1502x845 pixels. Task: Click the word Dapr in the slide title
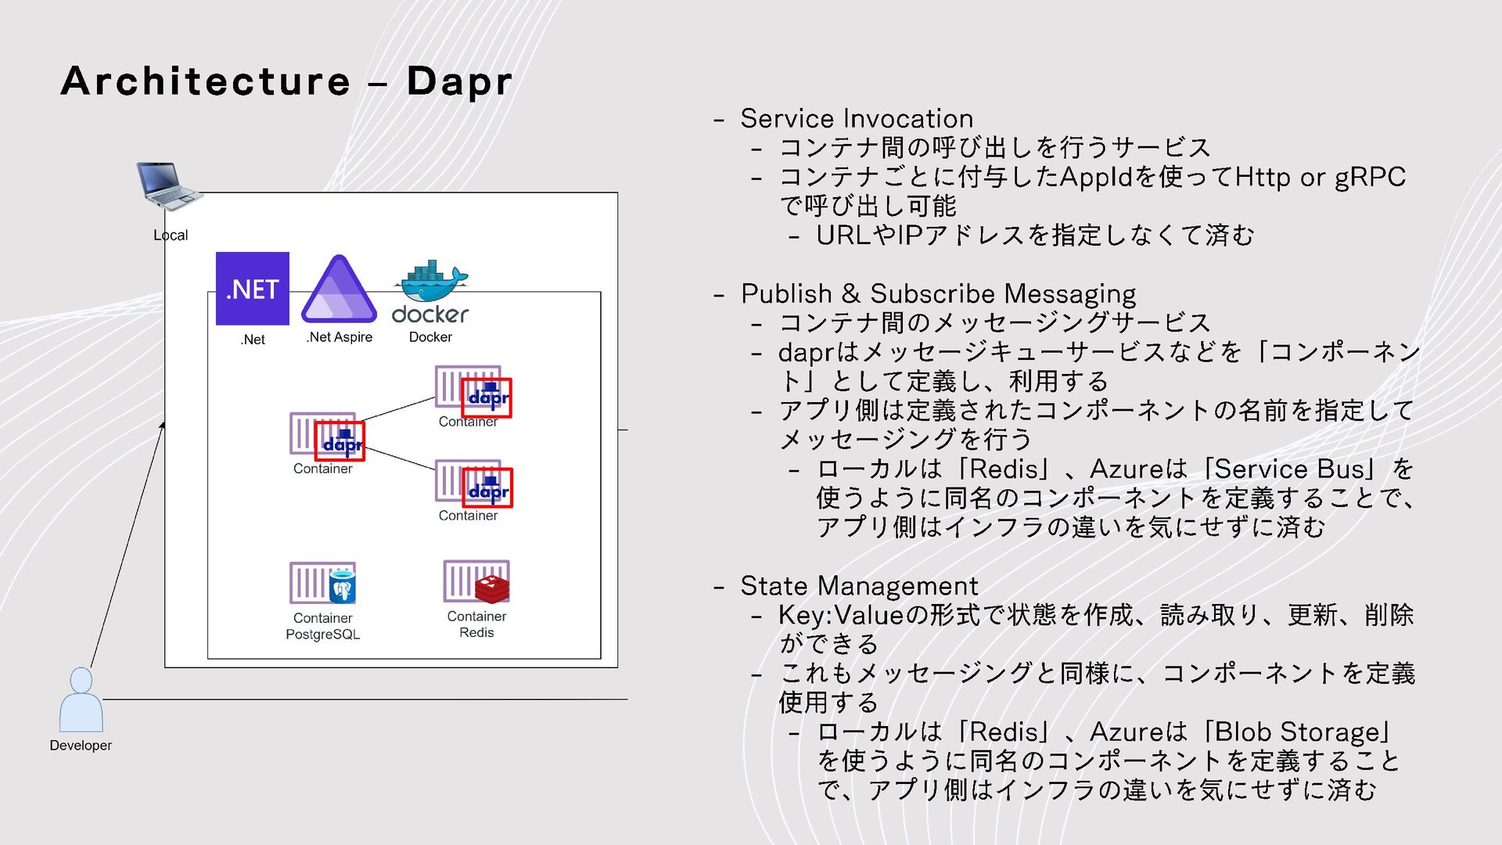(459, 81)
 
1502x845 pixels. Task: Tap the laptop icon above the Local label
(168, 185)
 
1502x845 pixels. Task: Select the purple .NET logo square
(252, 288)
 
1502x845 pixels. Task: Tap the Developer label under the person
(81, 746)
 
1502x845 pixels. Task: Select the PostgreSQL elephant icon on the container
(342, 587)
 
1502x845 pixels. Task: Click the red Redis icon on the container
(492, 587)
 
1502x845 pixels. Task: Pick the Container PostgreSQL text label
(322, 626)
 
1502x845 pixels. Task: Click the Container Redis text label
(476, 624)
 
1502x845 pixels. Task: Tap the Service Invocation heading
(857, 119)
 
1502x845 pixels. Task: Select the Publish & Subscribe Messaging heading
(938, 294)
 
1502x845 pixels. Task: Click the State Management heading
(859, 586)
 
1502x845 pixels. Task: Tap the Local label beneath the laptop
(171, 236)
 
